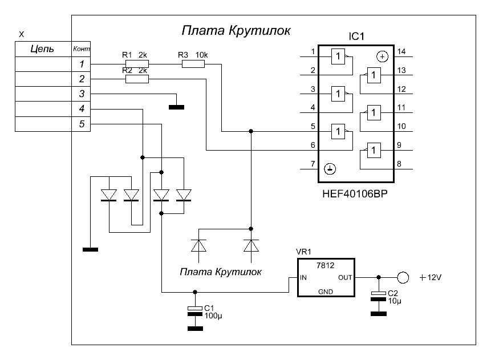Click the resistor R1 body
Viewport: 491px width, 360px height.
(137, 64)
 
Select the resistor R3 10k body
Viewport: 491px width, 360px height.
(193, 64)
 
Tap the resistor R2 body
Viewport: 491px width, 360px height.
(137, 79)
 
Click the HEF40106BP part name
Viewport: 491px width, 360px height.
(351, 195)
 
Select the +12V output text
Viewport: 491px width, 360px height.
(431, 277)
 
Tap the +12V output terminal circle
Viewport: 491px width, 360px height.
(403, 278)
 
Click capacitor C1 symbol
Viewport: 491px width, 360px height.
(195, 309)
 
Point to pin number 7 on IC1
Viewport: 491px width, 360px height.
(313, 164)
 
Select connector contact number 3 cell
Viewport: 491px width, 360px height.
(81, 94)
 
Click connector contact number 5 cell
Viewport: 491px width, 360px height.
(81, 124)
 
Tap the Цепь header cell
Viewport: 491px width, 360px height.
(42, 49)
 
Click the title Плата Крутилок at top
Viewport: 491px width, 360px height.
(236, 30)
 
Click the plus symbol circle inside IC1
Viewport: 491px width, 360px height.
(383, 56)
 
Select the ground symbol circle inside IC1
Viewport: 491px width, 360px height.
(329, 169)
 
